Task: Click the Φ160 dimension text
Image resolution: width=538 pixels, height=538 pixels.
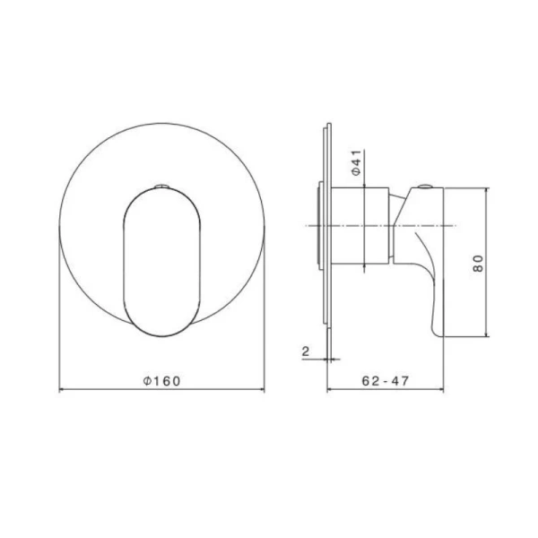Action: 161,380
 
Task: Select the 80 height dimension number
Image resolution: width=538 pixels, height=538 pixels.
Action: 478,264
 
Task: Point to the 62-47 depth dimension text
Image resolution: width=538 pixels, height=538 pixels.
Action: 386,380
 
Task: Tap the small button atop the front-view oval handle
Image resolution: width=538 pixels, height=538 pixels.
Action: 161,186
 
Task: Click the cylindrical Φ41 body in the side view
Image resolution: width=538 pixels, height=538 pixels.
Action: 362,228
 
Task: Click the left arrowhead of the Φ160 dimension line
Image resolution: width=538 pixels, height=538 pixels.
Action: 62,390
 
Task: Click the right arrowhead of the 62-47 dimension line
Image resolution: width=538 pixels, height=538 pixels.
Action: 441,390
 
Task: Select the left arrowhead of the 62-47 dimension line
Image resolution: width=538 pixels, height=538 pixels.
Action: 330,390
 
